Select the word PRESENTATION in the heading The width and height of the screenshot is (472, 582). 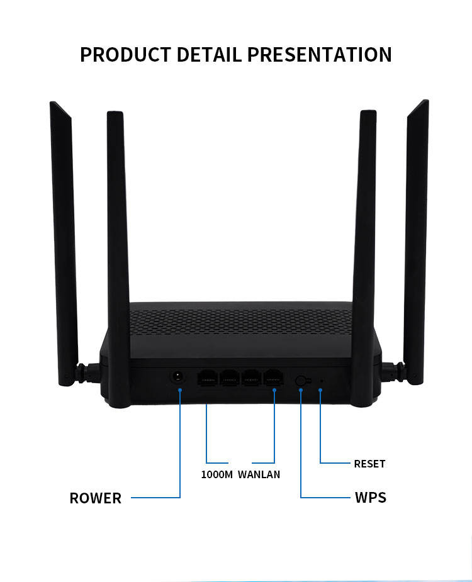coord(319,54)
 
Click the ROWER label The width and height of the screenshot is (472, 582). coord(95,498)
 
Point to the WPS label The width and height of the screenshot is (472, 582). coord(371,498)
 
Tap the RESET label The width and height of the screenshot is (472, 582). coord(369,464)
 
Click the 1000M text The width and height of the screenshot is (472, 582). coord(216,474)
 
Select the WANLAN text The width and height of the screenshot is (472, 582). coord(259,474)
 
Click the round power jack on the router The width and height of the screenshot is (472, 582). coord(179,377)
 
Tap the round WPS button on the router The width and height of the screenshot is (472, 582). coord(301,381)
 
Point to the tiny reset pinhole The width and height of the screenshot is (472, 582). coord(321,381)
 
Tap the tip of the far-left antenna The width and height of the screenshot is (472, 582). coord(54,104)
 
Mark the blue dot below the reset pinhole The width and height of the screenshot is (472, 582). coord(321,391)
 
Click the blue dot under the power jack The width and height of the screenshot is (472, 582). coord(180,390)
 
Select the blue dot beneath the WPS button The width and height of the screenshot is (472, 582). coord(301,391)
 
